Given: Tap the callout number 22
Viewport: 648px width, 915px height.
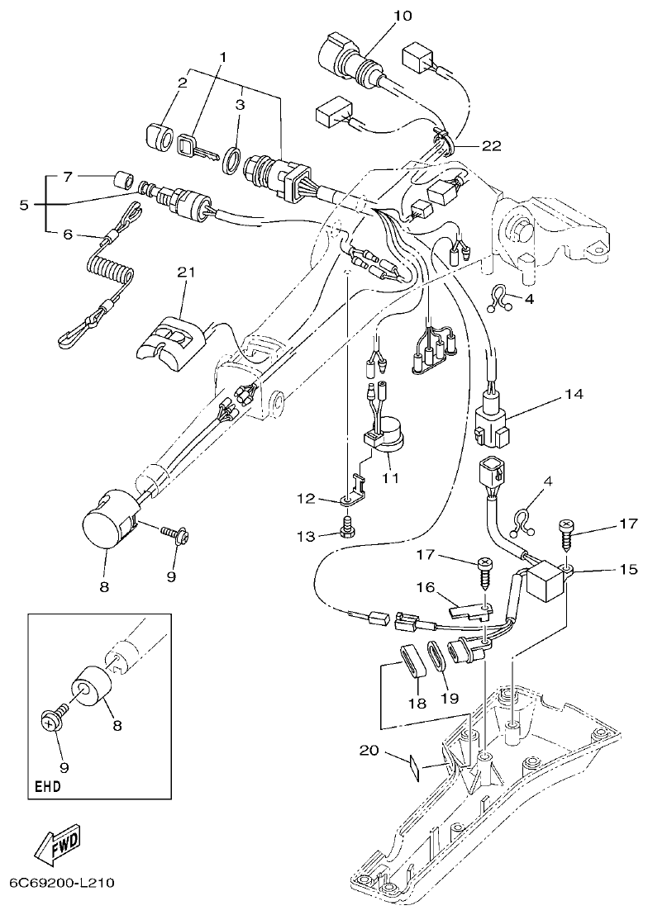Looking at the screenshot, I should [492, 146].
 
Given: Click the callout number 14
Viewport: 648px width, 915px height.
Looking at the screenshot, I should [574, 394].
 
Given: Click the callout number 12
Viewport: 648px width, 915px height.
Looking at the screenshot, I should [306, 498].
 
